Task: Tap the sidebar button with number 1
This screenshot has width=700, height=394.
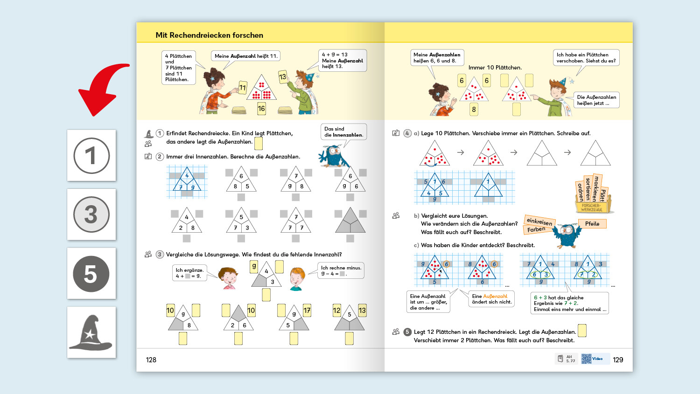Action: [x=91, y=155]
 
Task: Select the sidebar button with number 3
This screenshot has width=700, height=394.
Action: [x=91, y=214]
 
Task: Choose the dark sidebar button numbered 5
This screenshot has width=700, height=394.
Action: [x=91, y=274]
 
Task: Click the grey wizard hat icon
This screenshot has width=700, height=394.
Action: [x=91, y=333]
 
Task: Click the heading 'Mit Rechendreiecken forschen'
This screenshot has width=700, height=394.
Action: [x=209, y=35]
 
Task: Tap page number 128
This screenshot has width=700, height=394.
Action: [x=151, y=360]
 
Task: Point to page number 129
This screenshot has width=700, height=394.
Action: [x=618, y=360]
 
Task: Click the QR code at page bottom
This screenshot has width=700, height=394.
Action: [x=586, y=359]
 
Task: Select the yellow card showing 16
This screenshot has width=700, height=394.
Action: [x=261, y=109]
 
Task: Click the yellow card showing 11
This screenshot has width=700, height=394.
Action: [x=242, y=88]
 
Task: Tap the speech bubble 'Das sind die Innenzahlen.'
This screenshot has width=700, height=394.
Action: [x=343, y=132]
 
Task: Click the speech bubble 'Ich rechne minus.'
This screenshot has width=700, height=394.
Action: [x=341, y=270]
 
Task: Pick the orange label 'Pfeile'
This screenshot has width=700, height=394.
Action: [x=592, y=224]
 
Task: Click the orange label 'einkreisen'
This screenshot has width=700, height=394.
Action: [x=539, y=221]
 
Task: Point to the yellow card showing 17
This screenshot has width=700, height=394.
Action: [x=307, y=311]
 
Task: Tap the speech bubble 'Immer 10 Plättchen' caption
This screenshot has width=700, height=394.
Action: [x=495, y=68]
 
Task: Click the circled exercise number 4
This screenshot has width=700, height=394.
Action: [x=407, y=133]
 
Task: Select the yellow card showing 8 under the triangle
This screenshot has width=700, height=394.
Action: [x=474, y=110]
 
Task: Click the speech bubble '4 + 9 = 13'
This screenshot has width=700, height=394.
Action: [x=342, y=61]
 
